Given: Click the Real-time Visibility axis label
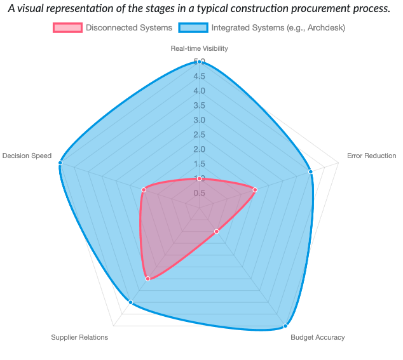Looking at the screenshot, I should [x=199, y=48].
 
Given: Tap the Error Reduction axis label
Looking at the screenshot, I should [x=371, y=156].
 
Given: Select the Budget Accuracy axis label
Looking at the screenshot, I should [x=318, y=337].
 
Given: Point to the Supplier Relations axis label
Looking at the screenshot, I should [x=79, y=337].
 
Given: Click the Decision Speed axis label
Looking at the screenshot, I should [x=27, y=156].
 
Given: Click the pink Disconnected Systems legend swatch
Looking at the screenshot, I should [x=67, y=28].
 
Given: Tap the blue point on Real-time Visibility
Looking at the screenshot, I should [x=200, y=62].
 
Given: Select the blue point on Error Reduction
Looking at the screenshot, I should [x=310, y=171].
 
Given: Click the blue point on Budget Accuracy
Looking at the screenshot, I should [x=284, y=326].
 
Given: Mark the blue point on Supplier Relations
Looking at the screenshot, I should [x=131, y=302].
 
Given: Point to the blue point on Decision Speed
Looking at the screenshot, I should [x=60, y=163].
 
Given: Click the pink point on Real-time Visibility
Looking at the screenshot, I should [x=200, y=179].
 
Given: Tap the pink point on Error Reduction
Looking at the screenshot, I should [x=255, y=189].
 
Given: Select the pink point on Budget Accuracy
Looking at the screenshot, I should [x=216, y=232].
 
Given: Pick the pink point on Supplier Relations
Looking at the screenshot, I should [x=148, y=279].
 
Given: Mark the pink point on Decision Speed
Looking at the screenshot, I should [x=144, y=189].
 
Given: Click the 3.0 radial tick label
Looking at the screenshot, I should [x=200, y=121].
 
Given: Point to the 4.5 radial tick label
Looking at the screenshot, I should [x=200, y=77].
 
